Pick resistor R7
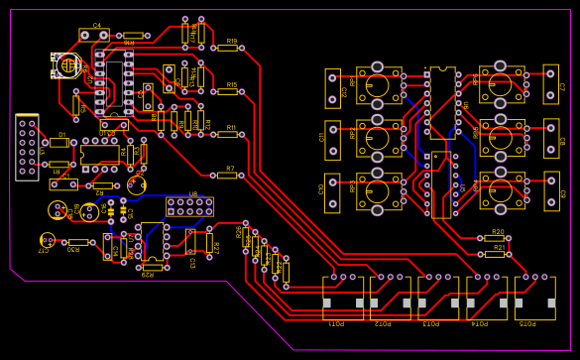(227, 175)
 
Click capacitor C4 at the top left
(94, 35)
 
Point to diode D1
(59, 142)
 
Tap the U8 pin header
(189, 206)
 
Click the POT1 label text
(337, 324)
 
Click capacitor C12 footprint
(332, 88)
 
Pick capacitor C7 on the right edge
(551, 86)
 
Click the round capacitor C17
(46, 240)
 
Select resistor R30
(77, 242)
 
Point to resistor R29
(152, 267)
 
